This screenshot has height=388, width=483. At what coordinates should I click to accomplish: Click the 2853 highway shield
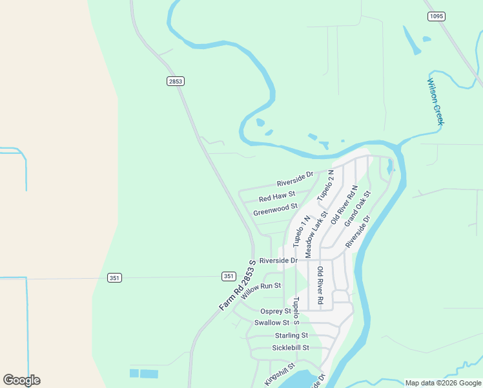[175, 81]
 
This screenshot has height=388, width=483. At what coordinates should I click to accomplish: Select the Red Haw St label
[276, 196]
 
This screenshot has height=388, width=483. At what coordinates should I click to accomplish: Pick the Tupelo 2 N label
[325, 184]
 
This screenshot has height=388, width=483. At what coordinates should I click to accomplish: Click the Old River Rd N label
[344, 204]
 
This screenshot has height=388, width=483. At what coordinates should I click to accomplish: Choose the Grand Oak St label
[357, 208]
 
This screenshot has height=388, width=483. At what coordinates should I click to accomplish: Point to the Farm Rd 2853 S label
[238, 285]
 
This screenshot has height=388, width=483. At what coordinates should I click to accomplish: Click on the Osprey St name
[276, 312]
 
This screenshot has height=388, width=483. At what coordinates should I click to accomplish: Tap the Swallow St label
[272, 323]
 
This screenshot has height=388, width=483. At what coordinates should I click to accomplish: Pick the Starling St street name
[291, 336]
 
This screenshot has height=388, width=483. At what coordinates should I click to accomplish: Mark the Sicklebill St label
[291, 348]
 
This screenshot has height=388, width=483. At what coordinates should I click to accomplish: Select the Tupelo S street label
[296, 310]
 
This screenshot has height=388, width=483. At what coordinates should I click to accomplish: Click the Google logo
[21, 380]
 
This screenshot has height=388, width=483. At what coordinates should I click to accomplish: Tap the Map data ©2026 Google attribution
[444, 383]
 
